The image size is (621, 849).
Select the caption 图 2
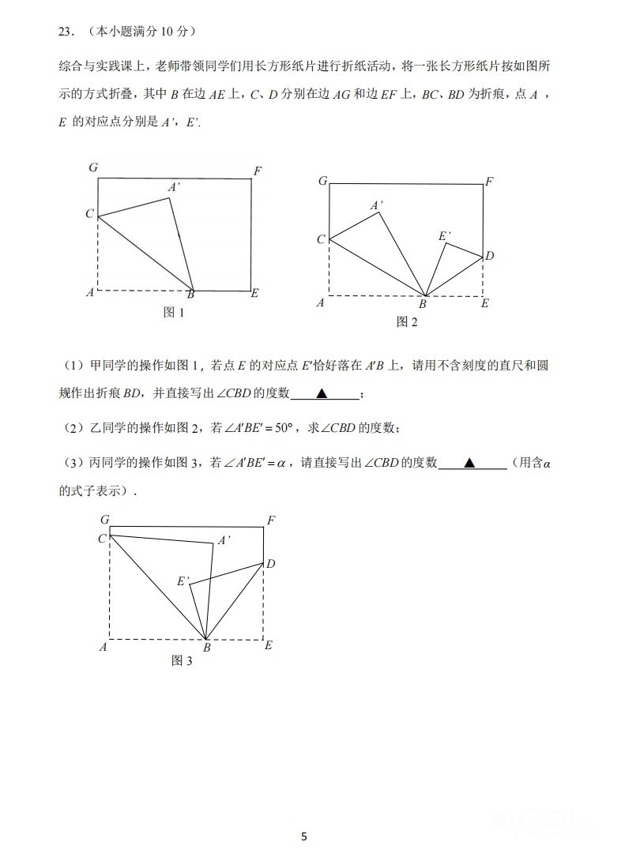point(406,321)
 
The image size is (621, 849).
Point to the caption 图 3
point(182,661)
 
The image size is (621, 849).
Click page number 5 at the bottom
point(304,836)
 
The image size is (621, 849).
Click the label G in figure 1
point(93,167)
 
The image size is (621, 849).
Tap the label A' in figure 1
point(175,187)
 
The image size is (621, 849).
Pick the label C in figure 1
point(90,214)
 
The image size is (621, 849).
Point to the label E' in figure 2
point(445,235)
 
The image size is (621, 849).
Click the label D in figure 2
point(490,256)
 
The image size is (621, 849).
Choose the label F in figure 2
point(490,182)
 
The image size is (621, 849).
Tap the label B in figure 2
point(423,304)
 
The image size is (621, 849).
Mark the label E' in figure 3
point(183,581)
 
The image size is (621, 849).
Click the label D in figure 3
point(270,564)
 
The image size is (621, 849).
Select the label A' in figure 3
point(224,541)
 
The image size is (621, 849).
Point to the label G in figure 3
point(104,520)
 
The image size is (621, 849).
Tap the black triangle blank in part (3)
point(469,464)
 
